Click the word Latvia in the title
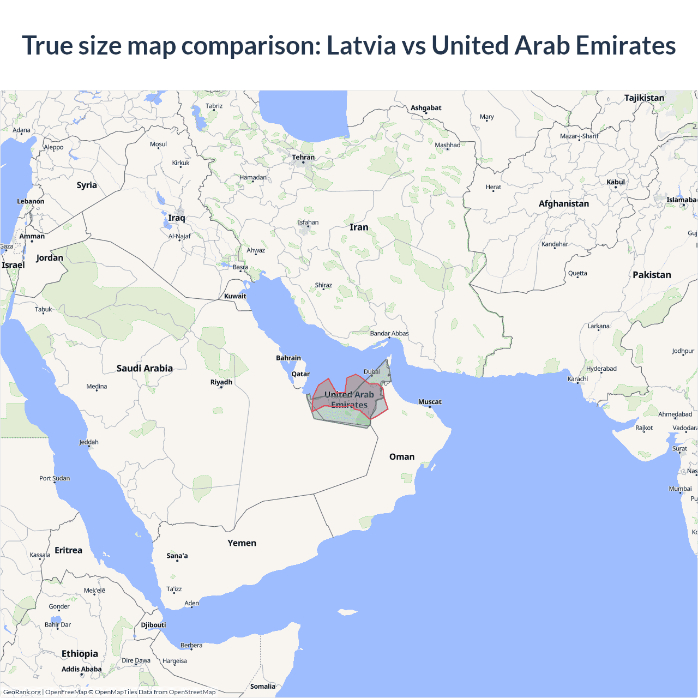coord(361,46)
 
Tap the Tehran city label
coord(303,158)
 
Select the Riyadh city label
coord(221,382)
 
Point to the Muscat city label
coord(430,402)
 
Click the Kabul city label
coord(616,182)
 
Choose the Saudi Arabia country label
coord(145,369)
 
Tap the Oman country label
coord(402,457)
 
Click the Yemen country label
coord(242,543)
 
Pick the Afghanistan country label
coord(564,204)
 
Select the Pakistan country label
coord(652,275)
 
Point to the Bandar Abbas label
coord(389,334)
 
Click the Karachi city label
coord(577,379)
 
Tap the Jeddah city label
coord(89,442)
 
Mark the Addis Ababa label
coord(81,669)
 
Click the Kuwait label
coord(235,296)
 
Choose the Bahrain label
coord(288,358)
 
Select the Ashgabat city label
coord(426,108)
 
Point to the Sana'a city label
coord(177,556)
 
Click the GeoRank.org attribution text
coord(22,692)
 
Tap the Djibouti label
coord(153,625)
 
